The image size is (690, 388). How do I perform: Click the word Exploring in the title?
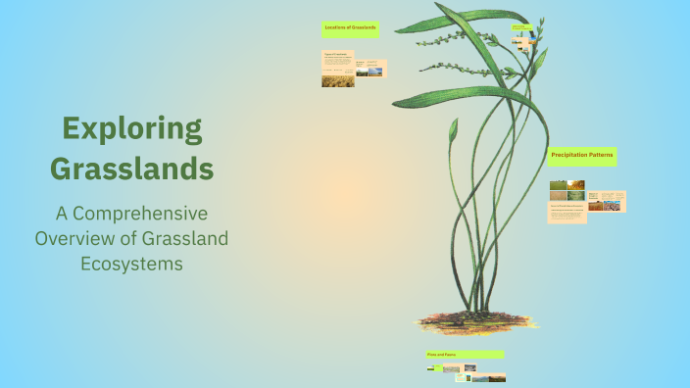tap(131, 128)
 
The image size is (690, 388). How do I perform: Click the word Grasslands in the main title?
tap(131, 168)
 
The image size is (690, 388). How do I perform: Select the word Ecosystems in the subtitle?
tap(131, 263)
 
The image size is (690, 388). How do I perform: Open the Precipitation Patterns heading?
tap(581, 156)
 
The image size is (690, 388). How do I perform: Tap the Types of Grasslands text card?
tap(338, 61)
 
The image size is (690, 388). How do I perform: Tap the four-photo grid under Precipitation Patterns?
tap(567, 190)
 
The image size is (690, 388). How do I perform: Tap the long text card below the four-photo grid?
tap(567, 213)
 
